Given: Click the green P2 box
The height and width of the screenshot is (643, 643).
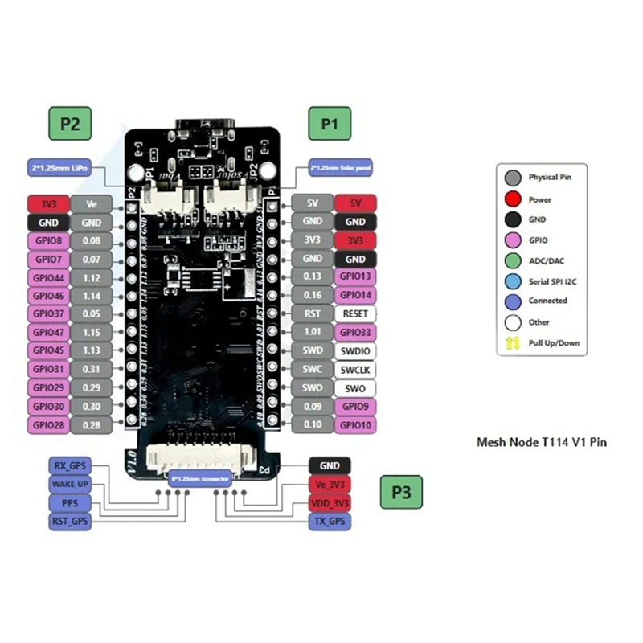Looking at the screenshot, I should point(70,125).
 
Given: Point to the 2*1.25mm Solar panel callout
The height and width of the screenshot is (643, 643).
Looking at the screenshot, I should point(340,168).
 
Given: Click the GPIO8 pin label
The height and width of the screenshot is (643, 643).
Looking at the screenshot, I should point(48,240).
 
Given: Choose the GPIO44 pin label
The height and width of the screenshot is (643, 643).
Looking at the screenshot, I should point(48,277).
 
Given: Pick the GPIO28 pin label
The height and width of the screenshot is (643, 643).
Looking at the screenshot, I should point(48,425).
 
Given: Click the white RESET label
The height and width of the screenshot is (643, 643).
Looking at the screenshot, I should point(354,314).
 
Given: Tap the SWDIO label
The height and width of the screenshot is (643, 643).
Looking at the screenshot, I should point(354,351).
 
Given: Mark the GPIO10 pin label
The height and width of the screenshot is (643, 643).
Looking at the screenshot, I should point(354,425).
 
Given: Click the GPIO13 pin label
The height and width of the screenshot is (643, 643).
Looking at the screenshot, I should point(354,277).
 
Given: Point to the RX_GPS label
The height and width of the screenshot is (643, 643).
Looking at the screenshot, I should point(70,465).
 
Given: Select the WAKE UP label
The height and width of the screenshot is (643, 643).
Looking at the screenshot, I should point(70,484).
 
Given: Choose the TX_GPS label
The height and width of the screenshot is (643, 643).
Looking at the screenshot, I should point(330,521).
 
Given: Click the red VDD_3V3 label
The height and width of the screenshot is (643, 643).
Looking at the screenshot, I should point(330,502).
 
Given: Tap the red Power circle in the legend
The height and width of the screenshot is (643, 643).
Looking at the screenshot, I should point(512,199).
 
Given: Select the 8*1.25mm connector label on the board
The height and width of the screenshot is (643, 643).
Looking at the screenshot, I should point(200,479).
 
